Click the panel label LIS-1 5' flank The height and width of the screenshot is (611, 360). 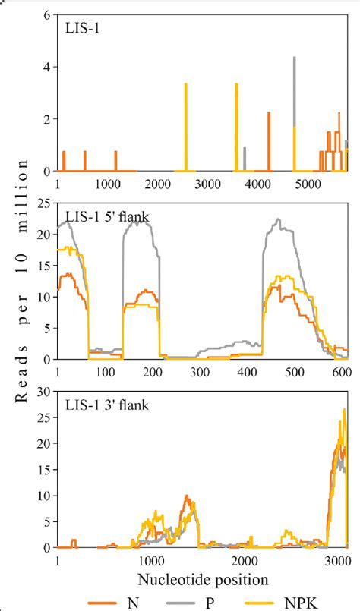coord(106,217)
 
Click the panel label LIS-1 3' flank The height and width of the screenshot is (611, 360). coord(106,405)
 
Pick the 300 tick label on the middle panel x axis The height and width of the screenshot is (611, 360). coord(200,373)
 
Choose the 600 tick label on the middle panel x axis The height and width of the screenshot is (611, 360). coord(342,373)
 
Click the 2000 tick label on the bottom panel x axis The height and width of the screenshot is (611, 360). coord(244,561)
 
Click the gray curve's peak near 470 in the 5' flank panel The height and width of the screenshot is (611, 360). coord(279,220)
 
